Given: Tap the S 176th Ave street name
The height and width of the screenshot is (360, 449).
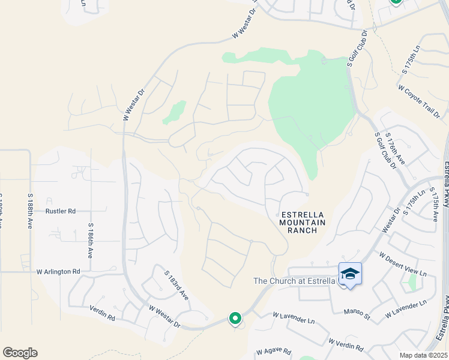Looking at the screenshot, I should [396, 149].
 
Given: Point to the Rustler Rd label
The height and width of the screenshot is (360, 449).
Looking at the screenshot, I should [61, 211].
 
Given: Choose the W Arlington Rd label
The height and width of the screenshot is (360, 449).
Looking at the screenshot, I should [58, 272].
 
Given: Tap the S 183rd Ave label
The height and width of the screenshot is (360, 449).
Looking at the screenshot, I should [176, 285].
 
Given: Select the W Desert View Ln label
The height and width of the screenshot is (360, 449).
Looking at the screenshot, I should [402, 264].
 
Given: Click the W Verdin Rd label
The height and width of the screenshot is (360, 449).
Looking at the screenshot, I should [346, 344].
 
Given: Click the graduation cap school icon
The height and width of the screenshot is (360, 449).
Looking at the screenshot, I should [350, 274].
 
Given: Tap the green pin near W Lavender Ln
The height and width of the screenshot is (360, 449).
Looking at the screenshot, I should [235, 318].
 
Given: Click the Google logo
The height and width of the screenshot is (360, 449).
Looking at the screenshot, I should [20, 353].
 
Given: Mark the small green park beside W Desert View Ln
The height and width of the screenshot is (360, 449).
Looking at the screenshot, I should [412, 281].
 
